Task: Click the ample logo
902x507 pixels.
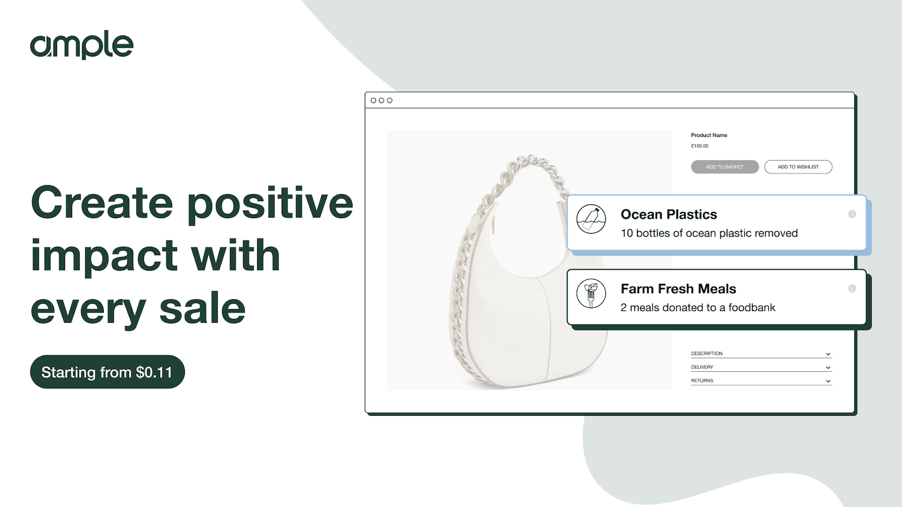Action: pyautogui.click(x=82, y=46)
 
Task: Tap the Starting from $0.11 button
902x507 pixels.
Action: pyautogui.click(x=107, y=372)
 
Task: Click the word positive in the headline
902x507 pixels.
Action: pyautogui.click(x=270, y=204)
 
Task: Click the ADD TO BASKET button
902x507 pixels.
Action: pyautogui.click(x=724, y=167)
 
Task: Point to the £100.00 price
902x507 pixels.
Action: pyautogui.click(x=700, y=146)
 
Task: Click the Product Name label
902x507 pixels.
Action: pyautogui.click(x=709, y=135)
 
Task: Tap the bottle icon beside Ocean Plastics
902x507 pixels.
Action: pyautogui.click(x=591, y=219)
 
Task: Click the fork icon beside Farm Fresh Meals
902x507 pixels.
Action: pyautogui.click(x=591, y=293)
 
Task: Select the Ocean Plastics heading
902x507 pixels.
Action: pyautogui.click(x=669, y=215)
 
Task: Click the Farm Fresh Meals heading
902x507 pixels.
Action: pyautogui.click(x=678, y=289)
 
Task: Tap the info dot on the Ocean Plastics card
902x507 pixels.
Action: pyautogui.click(x=852, y=214)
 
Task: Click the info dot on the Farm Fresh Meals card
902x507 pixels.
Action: pyautogui.click(x=852, y=288)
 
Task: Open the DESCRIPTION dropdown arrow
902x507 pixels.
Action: pyautogui.click(x=828, y=354)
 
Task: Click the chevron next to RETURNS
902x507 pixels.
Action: pyautogui.click(x=828, y=381)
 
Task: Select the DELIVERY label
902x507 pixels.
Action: pyautogui.click(x=702, y=367)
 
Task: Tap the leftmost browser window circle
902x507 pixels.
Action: pyautogui.click(x=373, y=100)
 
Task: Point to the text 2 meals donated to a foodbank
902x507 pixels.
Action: pyautogui.click(x=697, y=308)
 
